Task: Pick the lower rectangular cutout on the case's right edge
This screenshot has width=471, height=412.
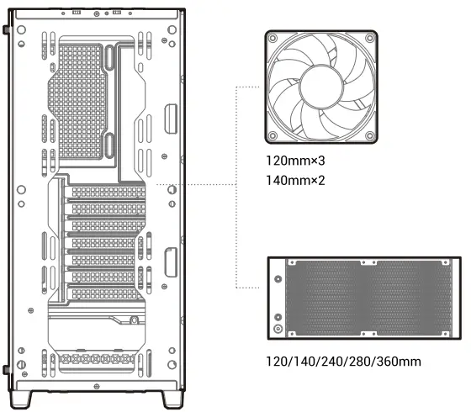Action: pyautogui.click(x=171, y=261)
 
